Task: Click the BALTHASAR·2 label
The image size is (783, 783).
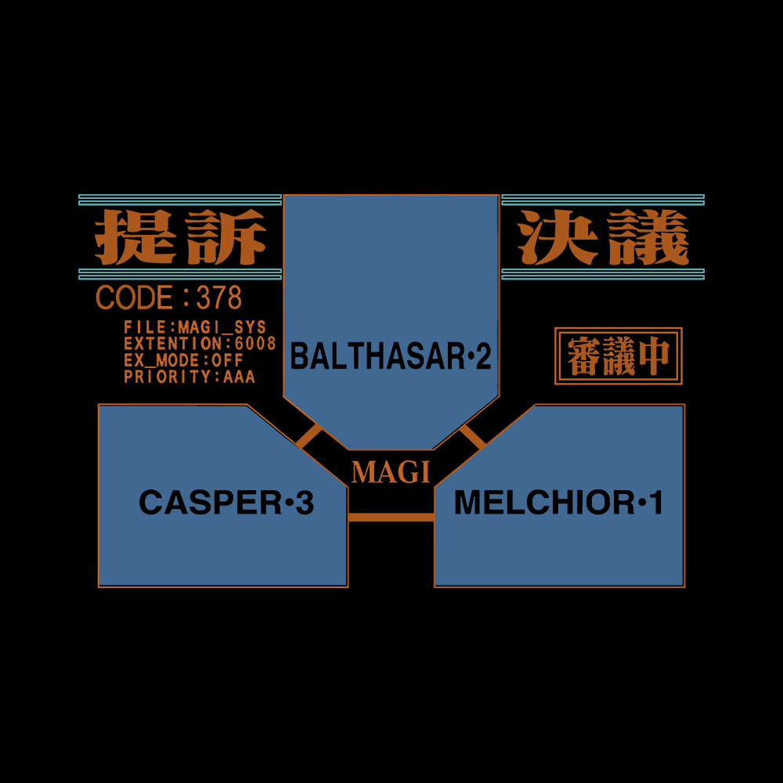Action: [391, 356]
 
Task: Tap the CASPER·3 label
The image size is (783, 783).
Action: [226, 502]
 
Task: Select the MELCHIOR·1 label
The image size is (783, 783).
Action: [558, 502]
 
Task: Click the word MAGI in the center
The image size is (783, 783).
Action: [391, 472]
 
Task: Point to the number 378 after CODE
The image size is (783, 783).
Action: [218, 297]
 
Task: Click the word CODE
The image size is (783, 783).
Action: [135, 297]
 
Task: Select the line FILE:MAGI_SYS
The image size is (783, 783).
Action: [195, 327]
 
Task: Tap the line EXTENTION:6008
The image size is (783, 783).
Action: [200, 344]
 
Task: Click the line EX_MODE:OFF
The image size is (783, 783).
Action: [183, 360]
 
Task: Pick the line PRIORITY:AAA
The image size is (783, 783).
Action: [189, 377]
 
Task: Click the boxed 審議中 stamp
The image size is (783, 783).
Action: [619, 356]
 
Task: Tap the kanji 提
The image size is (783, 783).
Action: [135, 236]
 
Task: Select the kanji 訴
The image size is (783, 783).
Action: [224, 236]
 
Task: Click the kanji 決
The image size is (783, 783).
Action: [557, 236]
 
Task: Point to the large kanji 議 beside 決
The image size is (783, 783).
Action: [648, 236]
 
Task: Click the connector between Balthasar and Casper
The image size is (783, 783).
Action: [309, 436]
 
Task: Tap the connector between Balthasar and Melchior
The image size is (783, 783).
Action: [472, 437]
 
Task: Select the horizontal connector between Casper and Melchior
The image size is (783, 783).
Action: [391, 518]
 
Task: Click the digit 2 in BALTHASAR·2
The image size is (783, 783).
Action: [483, 356]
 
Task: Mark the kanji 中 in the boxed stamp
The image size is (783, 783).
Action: [653, 356]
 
